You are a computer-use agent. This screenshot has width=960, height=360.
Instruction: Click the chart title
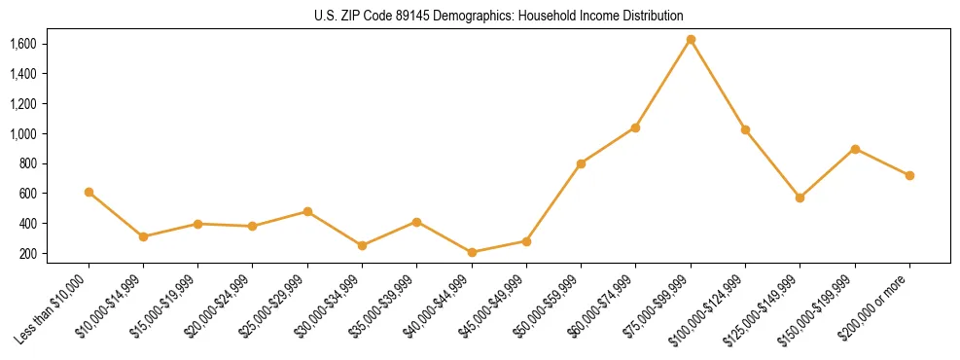pyautogui.click(x=499, y=16)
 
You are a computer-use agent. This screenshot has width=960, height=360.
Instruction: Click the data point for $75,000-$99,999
pyautogui.click(x=691, y=40)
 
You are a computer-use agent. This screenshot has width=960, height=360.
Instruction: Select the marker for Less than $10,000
pyautogui.click(x=89, y=193)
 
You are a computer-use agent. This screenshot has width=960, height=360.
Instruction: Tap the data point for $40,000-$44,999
pyautogui.click(x=472, y=253)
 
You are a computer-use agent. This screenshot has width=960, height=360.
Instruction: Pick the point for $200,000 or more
pyautogui.click(x=909, y=176)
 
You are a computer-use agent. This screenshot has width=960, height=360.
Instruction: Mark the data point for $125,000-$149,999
pyautogui.click(x=800, y=198)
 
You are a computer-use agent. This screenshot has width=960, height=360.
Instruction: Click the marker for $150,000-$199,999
pyautogui.click(x=855, y=149)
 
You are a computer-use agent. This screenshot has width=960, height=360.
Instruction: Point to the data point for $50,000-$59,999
pyautogui.click(x=581, y=163)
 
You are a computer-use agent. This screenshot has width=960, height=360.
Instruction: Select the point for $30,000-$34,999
pyautogui.click(x=362, y=245)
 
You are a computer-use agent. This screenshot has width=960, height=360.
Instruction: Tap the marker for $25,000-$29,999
pyautogui.click(x=307, y=211)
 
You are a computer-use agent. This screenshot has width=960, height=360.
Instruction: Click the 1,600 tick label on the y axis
pyautogui.click(x=22, y=44)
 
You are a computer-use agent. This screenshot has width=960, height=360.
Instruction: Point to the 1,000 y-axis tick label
pyautogui.click(x=22, y=134)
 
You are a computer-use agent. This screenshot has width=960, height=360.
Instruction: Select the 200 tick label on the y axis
pyautogui.click(x=26, y=254)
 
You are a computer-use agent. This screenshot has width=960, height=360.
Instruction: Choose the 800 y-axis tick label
pyautogui.click(x=26, y=163)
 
